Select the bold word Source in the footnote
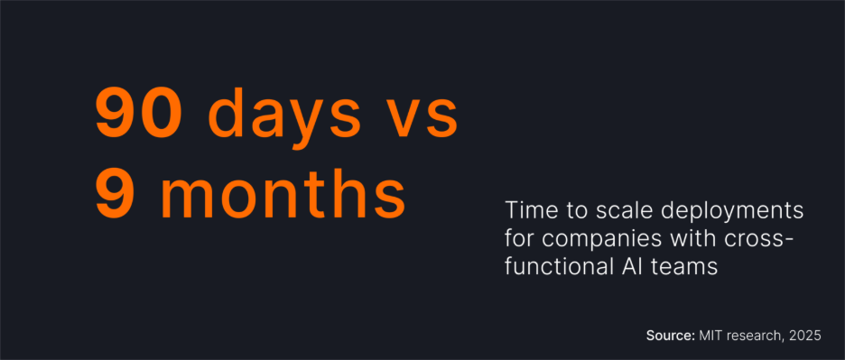click(670, 335)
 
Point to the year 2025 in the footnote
click(805, 335)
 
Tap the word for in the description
click(518, 239)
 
